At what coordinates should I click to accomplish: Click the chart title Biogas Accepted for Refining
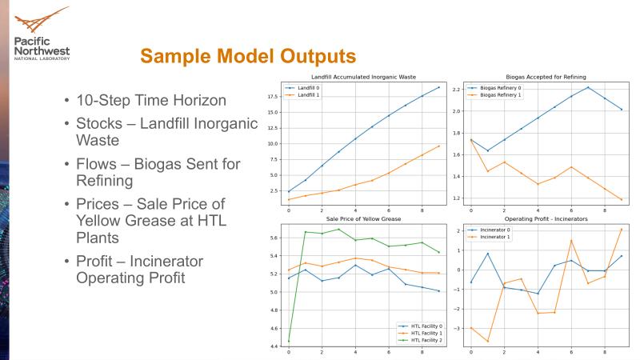543,76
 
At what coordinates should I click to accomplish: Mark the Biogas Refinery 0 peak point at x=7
588,87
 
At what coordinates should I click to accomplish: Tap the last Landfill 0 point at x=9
438,86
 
